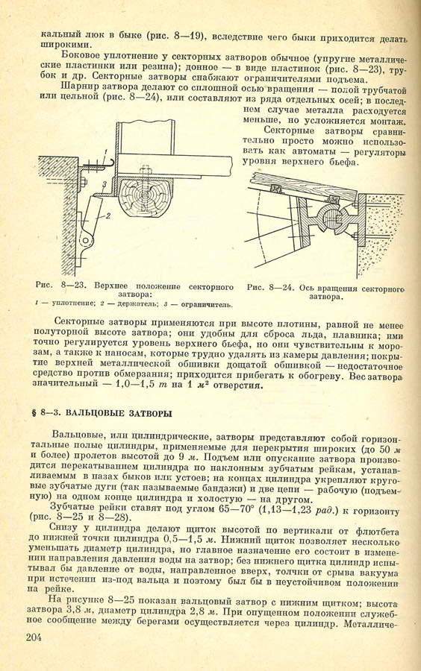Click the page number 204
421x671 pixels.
(34, 637)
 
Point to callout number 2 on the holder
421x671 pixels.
(108, 215)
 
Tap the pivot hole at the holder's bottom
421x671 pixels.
(85, 241)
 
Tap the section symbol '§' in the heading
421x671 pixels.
(34, 414)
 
